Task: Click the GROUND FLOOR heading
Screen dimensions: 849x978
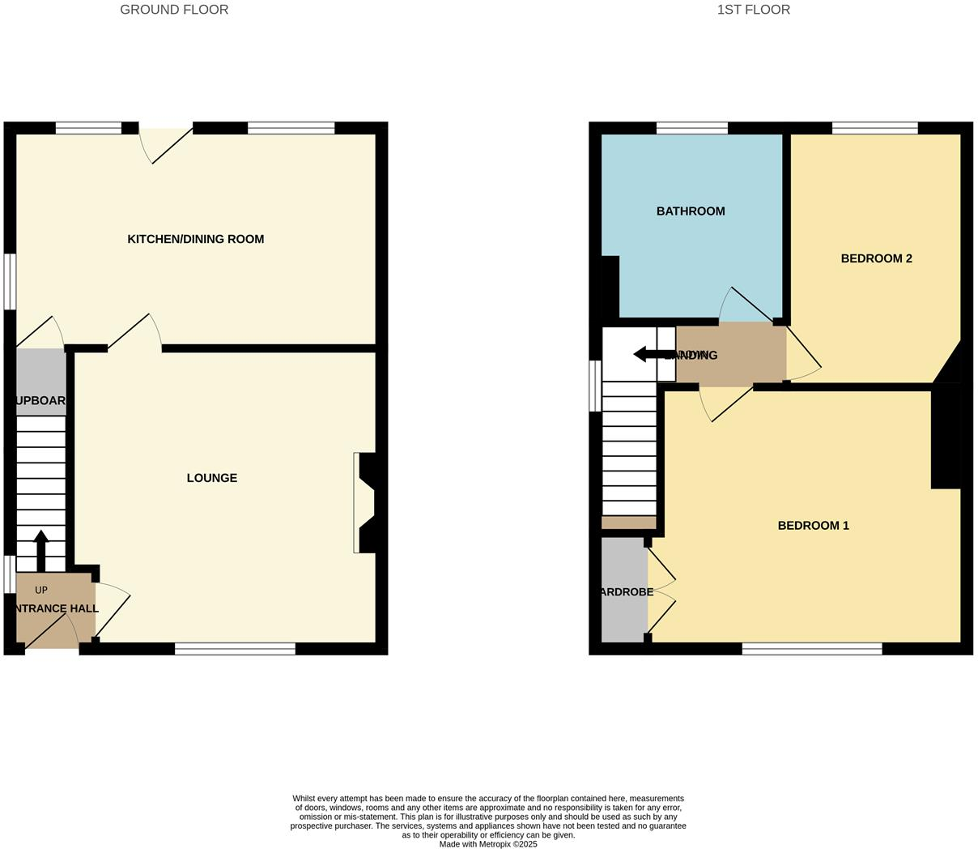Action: pos(174,10)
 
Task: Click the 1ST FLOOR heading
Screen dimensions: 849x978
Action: pos(753,10)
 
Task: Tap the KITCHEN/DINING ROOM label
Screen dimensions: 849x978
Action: pos(196,239)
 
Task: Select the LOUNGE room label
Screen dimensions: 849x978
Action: pos(212,478)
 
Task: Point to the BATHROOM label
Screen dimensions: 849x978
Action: pos(691,211)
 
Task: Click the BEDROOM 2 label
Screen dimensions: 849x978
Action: pos(876,258)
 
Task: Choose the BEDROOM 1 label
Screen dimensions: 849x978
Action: pos(813,526)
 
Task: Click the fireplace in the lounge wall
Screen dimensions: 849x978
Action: pos(364,502)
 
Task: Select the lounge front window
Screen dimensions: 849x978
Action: pos(235,648)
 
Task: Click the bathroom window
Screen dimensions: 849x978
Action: pos(691,128)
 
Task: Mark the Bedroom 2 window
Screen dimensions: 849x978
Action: pos(874,128)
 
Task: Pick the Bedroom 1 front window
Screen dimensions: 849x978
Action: pos(812,648)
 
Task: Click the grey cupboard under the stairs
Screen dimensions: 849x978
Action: pos(40,382)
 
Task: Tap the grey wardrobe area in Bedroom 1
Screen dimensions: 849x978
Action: pos(623,591)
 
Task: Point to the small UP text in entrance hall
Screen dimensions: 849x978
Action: pos(41,590)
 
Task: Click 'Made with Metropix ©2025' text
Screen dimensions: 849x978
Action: pos(488,844)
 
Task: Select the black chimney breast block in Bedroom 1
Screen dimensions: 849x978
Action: pos(946,437)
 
